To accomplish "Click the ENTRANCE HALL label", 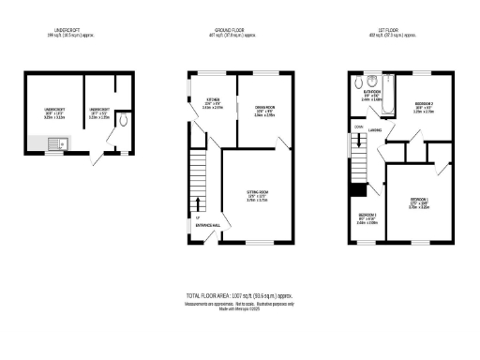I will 209,226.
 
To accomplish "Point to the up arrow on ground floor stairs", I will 198,205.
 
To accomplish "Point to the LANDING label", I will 374,132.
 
